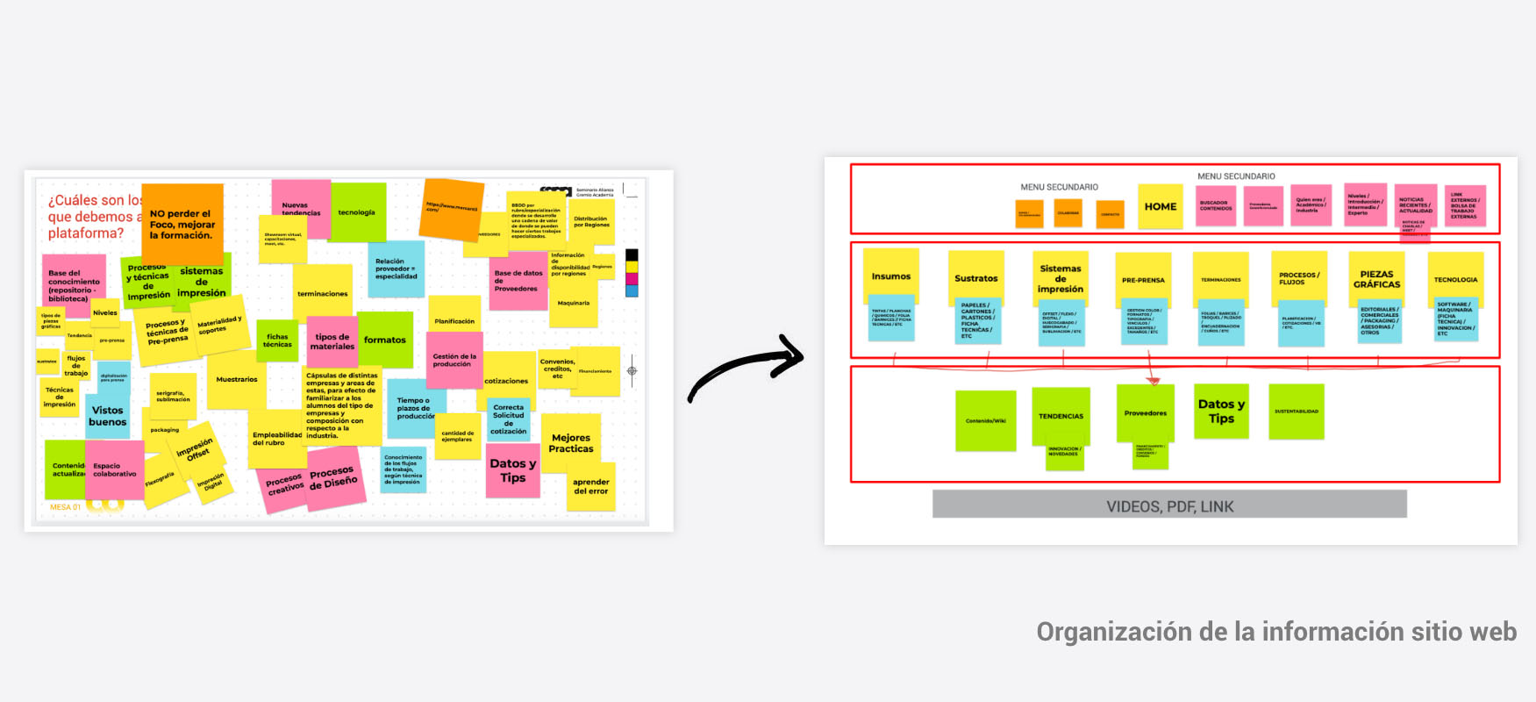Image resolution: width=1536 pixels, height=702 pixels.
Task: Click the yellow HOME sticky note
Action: (1160, 207)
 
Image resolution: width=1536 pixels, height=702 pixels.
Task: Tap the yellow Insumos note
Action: (890, 276)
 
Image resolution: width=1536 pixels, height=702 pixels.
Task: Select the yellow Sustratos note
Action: (975, 277)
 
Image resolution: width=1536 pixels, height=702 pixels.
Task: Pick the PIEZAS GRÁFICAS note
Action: (1376, 278)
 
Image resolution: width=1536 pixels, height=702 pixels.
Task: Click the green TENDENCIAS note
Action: (1061, 415)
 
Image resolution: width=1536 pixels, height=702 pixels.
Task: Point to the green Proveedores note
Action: (1146, 412)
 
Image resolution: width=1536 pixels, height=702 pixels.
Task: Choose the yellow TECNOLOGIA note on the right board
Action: (1455, 279)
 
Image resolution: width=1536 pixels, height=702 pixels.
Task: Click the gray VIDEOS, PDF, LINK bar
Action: (1169, 505)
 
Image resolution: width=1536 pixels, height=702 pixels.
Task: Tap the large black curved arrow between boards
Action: (746, 369)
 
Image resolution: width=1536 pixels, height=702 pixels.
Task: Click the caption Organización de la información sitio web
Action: (1275, 632)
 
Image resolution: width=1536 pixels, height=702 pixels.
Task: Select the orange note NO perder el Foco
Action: (182, 223)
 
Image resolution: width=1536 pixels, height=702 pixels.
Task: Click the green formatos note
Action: (385, 340)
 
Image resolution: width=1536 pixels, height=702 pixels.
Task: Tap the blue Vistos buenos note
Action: (108, 416)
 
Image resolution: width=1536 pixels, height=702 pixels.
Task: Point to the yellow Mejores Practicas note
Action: (571, 443)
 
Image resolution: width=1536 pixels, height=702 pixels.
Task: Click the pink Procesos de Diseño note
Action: (334, 478)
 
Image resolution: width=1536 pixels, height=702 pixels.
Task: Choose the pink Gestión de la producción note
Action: (454, 360)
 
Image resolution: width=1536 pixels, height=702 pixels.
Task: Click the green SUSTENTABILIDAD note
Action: (1296, 411)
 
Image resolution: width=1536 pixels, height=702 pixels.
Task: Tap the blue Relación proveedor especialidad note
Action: (397, 269)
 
